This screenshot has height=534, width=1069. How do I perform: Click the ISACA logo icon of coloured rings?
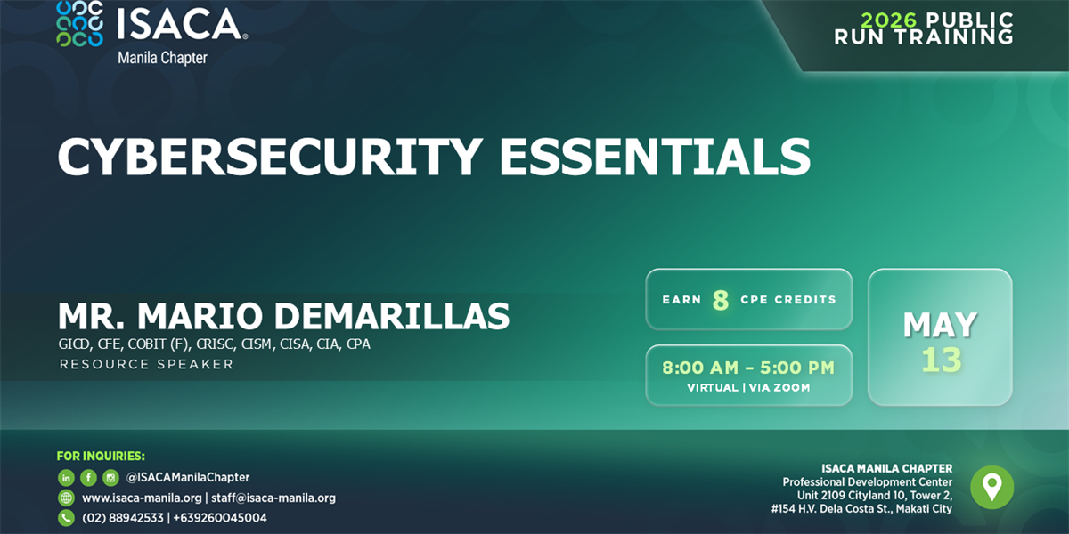[79, 24]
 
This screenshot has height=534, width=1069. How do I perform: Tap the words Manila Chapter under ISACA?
[162, 58]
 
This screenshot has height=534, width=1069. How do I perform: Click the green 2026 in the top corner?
[889, 20]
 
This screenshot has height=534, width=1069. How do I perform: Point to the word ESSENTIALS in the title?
[655, 157]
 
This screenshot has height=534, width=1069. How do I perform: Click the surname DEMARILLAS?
[392, 316]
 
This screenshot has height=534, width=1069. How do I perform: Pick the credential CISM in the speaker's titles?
[257, 344]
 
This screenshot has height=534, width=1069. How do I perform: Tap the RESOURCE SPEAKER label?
[146, 364]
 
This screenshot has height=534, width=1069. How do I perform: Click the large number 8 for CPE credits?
[721, 301]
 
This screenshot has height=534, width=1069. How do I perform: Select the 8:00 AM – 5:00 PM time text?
[748, 368]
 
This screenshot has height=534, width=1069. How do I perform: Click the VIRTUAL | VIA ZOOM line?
[748, 388]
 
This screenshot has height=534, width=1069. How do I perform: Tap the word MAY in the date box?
[940, 325]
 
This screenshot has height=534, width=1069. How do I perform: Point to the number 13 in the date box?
[941, 360]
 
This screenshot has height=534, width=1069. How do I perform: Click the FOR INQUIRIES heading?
[101, 457]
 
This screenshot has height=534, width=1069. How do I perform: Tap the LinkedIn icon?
[66, 477]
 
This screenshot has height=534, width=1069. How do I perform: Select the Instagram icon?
[110, 477]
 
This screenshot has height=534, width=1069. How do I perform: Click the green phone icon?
[66, 518]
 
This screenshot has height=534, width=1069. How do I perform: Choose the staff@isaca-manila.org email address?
[273, 498]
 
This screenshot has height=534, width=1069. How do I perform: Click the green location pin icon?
[992, 488]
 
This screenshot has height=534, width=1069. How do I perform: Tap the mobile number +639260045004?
[220, 518]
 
